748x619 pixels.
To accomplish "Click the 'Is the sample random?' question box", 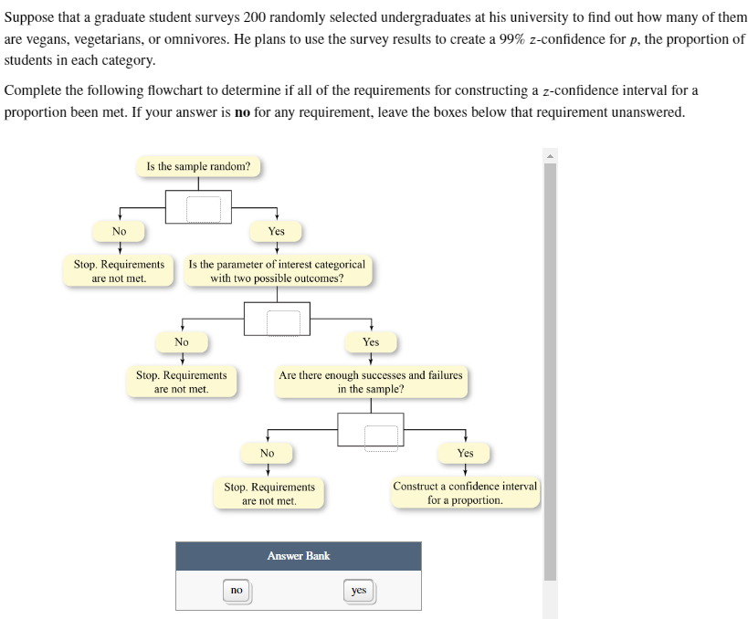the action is click(x=198, y=166).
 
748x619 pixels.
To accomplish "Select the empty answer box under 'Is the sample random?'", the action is click(x=204, y=209).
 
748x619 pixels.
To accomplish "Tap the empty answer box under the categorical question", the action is click(x=283, y=323).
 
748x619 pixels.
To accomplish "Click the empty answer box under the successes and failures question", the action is click(x=381, y=438).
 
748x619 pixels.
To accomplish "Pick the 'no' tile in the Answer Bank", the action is click(x=237, y=591).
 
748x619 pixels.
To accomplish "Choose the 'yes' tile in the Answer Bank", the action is click(x=359, y=591).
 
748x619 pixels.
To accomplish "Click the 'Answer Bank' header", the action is click(x=299, y=556).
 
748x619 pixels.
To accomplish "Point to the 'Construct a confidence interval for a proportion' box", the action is click(x=465, y=493).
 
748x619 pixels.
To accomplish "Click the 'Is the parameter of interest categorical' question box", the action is click(x=277, y=271).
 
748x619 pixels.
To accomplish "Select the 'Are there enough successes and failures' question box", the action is click(x=371, y=382).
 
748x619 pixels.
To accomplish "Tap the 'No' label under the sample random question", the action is click(x=120, y=231).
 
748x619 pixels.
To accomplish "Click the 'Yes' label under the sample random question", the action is click(x=276, y=231).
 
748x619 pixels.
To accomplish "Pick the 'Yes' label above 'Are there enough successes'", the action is click(x=371, y=342).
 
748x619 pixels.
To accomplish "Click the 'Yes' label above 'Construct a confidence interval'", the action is click(x=465, y=453).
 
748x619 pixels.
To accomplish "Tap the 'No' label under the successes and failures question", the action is click(x=267, y=453).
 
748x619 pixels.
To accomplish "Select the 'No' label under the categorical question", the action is click(x=182, y=342).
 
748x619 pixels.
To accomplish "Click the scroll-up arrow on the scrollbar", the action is click(x=550, y=156).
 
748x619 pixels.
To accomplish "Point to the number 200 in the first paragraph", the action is click(x=254, y=17).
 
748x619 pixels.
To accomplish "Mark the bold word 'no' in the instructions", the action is click(x=242, y=112).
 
